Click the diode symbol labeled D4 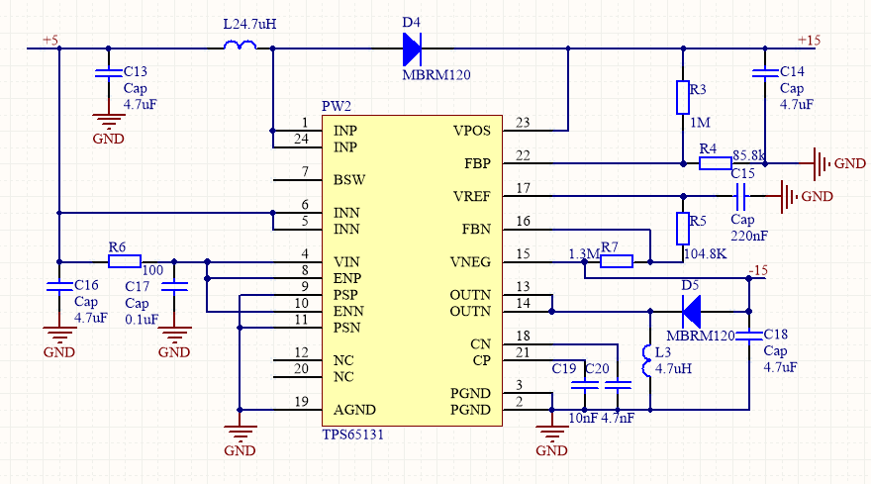pyautogui.click(x=412, y=47)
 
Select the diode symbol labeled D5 pyautogui.click(x=692, y=311)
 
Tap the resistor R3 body pyautogui.click(x=682, y=97)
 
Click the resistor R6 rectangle pyautogui.click(x=125, y=261)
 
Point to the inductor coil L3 pyautogui.click(x=648, y=361)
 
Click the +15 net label pyautogui.click(x=810, y=40)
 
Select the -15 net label pyautogui.click(x=758, y=271)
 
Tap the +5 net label pyautogui.click(x=50, y=40)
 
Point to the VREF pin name pyautogui.click(x=471, y=196)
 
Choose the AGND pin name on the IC pyautogui.click(x=354, y=410)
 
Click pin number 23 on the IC pyautogui.click(x=523, y=123)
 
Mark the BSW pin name pyautogui.click(x=347, y=180)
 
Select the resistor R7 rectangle pyautogui.click(x=617, y=261)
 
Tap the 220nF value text pyautogui.click(x=747, y=237)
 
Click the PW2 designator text pyautogui.click(x=337, y=106)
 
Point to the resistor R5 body pyautogui.click(x=682, y=229)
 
